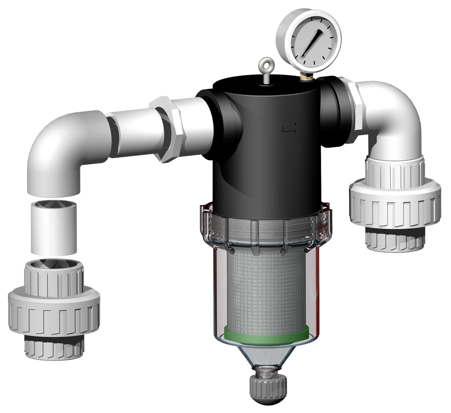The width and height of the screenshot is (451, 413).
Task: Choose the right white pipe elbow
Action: click(397, 114)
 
